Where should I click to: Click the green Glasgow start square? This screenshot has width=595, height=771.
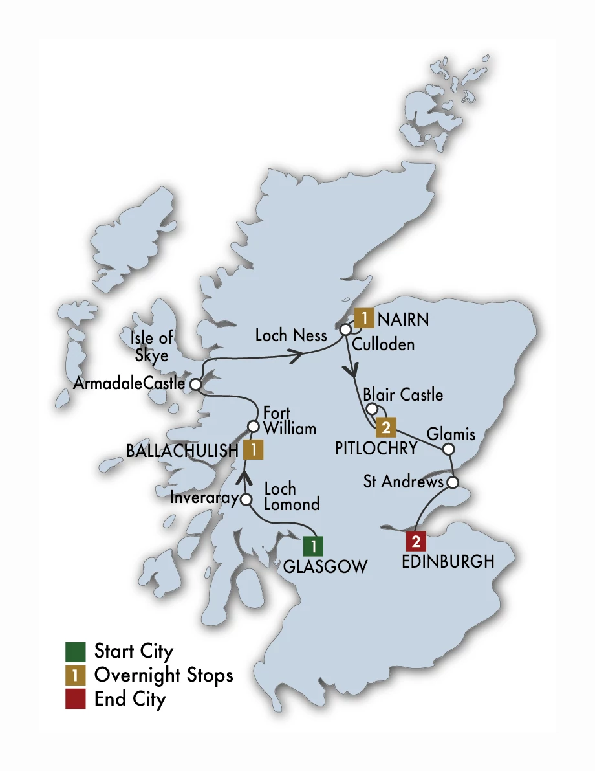pyautogui.click(x=314, y=546)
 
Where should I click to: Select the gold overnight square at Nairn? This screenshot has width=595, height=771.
pyautogui.click(x=363, y=318)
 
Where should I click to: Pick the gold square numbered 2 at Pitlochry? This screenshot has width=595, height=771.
pyautogui.click(x=385, y=427)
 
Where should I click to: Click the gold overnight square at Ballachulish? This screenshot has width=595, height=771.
pyautogui.click(x=253, y=449)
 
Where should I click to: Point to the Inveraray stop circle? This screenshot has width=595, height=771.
pyautogui.click(x=246, y=499)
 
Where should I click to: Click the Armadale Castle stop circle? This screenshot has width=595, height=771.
pyautogui.click(x=195, y=385)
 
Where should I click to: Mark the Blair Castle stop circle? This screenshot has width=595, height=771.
pyautogui.click(x=372, y=409)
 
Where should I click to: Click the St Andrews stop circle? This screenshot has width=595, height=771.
pyautogui.click(x=453, y=482)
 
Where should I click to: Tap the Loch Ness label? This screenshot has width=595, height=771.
pyautogui.click(x=291, y=335)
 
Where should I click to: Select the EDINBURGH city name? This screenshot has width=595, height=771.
pyautogui.click(x=448, y=562)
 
